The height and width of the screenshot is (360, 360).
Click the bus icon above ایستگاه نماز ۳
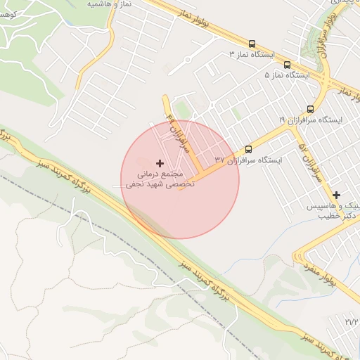pos(252,44)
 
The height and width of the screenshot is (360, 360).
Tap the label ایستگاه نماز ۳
pos(257,54)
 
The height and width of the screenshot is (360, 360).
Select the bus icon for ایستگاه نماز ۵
pos(287,64)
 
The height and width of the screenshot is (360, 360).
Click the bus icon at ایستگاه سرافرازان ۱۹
pos(310,108)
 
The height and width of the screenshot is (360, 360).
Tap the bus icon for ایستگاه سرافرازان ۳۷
pos(248,149)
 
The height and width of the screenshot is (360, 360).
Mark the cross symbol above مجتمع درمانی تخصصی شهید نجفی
pos(160,163)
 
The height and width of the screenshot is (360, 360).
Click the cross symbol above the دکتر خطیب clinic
pos(337,195)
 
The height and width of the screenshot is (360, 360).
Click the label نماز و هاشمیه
pos(112,4)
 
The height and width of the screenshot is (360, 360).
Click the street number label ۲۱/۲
pos(352,321)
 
